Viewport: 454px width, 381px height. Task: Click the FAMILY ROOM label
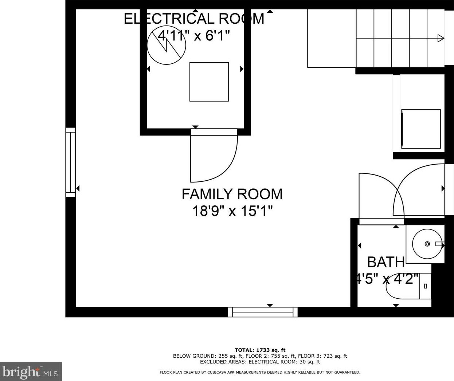pyautogui.click(x=232, y=194)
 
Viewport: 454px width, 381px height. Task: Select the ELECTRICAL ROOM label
pyautogui.click(x=194, y=19)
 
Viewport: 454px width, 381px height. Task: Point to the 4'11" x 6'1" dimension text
pyautogui.click(x=194, y=35)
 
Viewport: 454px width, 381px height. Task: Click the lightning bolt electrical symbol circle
pyautogui.click(x=167, y=45)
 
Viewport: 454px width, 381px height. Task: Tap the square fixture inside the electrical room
pyautogui.click(x=209, y=82)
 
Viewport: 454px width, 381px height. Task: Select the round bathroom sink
pyautogui.click(x=427, y=244)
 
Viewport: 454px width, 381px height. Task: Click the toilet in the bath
pyautogui.click(x=408, y=286)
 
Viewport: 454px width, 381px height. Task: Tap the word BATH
pyautogui.click(x=386, y=262)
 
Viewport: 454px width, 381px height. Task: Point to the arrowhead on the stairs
pyautogui.click(x=441, y=38)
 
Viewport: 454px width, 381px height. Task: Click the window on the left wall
pyautogui.click(x=71, y=162)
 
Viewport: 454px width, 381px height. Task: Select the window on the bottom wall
pyautogui.click(x=263, y=312)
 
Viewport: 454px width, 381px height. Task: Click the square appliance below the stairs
pyautogui.click(x=421, y=129)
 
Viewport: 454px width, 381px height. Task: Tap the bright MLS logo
pyautogui.click(x=31, y=372)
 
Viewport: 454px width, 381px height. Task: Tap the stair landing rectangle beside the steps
pyautogui.click(x=332, y=38)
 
